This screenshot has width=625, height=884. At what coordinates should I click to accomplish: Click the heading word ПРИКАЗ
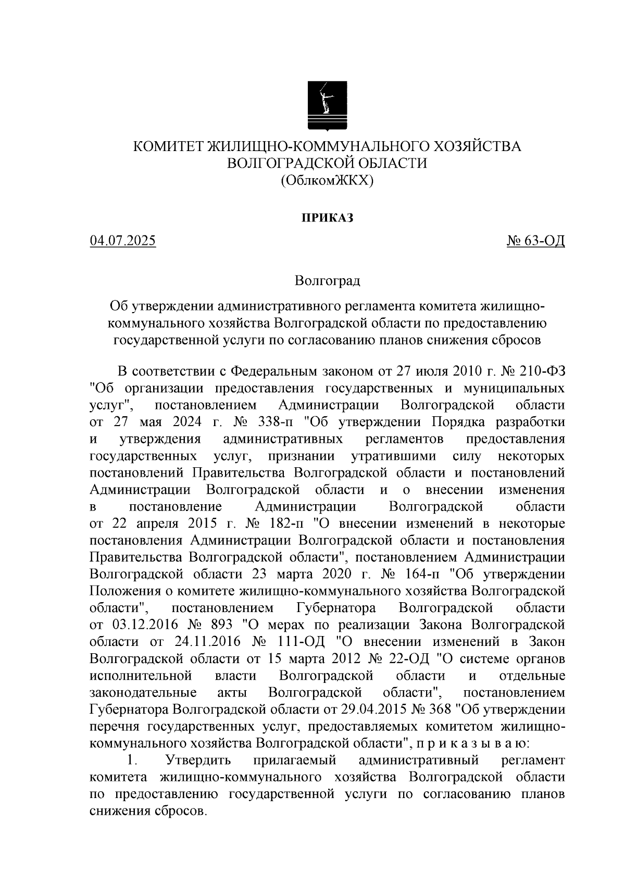coord(327,218)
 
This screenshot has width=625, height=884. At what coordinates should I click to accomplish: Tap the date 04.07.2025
coord(122,241)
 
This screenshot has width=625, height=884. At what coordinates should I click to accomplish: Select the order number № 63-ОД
coord(536,241)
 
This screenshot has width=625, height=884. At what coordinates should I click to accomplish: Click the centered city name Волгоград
coord(327,281)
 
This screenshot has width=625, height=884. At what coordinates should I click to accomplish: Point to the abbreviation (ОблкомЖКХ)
coord(327,180)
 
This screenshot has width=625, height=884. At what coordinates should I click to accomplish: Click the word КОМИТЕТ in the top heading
coord(168,146)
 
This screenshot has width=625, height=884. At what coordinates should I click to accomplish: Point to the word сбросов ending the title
coord(516,340)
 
